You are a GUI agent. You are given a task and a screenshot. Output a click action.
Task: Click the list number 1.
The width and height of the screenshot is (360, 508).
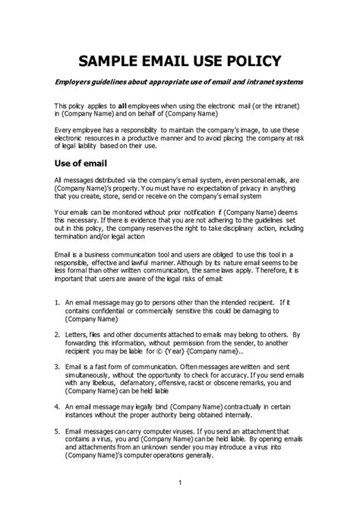[57, 301]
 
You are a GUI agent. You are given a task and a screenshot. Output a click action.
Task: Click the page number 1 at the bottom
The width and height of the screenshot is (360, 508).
[180, 484]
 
